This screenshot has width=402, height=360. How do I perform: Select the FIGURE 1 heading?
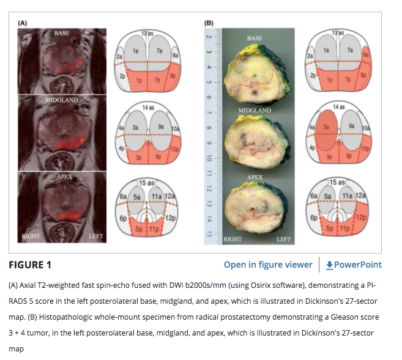[30, 265]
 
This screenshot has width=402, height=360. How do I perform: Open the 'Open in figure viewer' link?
[268, 265]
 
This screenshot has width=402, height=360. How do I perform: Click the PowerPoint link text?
[358, 265]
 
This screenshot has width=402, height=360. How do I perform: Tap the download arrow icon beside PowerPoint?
[329, 265]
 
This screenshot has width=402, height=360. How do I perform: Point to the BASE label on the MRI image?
[62, 32]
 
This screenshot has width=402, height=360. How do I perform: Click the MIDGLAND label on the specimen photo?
[255, 110]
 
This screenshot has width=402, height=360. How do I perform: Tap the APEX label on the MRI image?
[64, 177]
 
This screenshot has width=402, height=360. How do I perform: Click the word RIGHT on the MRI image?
[31, 235]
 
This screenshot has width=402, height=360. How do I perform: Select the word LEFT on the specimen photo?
[283, 239]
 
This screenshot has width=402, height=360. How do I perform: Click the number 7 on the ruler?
[209, 112]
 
